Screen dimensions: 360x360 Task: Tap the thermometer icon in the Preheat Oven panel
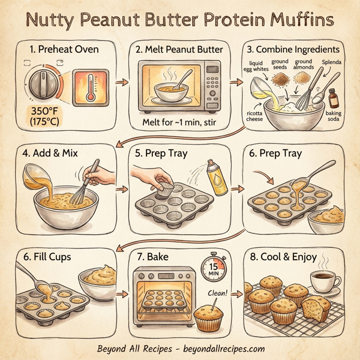pyautogui.click(x=90, y=84)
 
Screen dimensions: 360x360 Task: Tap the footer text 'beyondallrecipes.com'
pyautogui.click(x=214, y=349)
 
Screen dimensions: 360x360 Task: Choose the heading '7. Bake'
pyautogui.click(x=155, y=256)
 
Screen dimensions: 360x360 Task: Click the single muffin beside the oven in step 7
pyautogui.click(x=209, y=316)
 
